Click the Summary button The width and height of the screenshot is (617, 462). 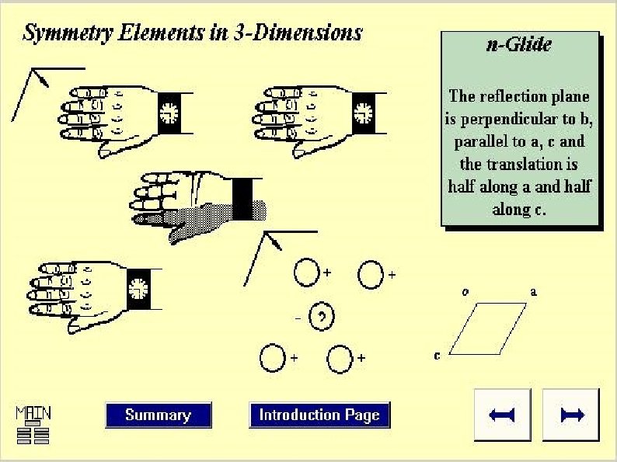point(158,415)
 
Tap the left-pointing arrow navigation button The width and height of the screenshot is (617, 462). point(503,415)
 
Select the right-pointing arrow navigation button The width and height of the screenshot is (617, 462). point(571,415)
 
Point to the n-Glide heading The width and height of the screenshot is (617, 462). point(519,44)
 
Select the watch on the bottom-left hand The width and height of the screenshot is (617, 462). point(138,287)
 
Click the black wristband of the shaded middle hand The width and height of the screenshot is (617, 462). point(242,198)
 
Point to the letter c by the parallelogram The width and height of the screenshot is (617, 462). point(437,356)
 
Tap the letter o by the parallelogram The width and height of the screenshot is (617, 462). point(465,292)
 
